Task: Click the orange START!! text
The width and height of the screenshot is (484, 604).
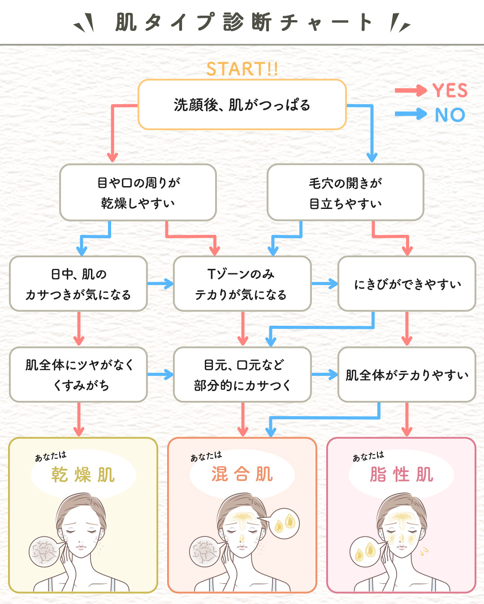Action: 242,69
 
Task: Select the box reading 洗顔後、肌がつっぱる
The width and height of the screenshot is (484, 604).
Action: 242,105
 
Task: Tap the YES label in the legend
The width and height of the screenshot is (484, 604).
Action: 450,91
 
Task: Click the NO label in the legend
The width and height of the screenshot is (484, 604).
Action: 450,115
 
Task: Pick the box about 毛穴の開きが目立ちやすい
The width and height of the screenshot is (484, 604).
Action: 346,192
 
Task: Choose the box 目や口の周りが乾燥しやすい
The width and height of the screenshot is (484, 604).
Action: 138,192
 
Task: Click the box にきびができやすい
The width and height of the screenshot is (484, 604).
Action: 407,284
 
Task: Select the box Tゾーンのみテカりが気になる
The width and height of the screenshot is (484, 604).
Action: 242,284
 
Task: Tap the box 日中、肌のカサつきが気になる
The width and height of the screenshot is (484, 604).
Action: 78,284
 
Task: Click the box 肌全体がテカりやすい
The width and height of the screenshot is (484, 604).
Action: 407,375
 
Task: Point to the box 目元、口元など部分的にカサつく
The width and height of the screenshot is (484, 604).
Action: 242,375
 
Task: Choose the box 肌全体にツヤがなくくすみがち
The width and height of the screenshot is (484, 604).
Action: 78,375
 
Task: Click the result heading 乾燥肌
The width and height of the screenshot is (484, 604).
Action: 83,475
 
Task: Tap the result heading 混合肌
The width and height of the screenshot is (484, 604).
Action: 242,474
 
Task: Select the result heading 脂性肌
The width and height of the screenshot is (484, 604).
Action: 402,474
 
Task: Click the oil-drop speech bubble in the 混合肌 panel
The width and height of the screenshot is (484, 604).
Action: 285,523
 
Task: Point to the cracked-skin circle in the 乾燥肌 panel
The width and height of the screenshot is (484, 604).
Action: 44,552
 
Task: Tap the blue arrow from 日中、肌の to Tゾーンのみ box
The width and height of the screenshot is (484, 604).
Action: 160,284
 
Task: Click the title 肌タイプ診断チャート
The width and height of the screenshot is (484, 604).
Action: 242,22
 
